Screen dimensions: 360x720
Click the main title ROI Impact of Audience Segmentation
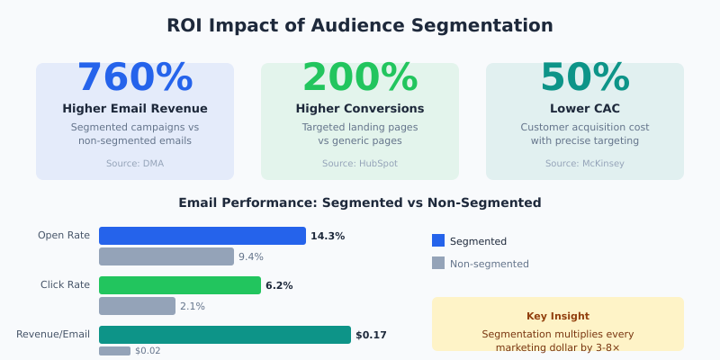coord(360,25)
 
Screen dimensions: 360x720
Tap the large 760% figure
coord(135,77)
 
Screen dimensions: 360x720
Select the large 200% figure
coord(360,77)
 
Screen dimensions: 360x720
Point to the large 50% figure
coord(585,77)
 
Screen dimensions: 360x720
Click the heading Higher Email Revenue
coord(135,108)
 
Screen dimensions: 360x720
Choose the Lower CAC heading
coord(585,108)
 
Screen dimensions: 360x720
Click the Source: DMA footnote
coord(135,164)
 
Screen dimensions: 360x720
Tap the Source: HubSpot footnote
coord(360,164)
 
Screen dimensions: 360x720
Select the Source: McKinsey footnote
coord(585,164)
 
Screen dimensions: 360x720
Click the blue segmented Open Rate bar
coord(202,236)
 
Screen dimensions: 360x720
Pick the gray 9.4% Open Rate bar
coord(166,256)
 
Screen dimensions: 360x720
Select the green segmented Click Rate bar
coord(180,285)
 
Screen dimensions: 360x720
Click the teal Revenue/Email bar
coord(225,335)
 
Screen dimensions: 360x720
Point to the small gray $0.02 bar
coord(114,351)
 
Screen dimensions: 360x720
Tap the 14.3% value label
coord(328,236)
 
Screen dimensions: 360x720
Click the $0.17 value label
coord(371,335)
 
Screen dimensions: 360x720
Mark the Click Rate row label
coord(65,285)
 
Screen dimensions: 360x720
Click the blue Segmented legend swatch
coord(438,240)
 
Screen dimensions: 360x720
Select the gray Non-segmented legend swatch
coord(438,263)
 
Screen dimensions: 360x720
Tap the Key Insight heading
coord(558,316)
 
